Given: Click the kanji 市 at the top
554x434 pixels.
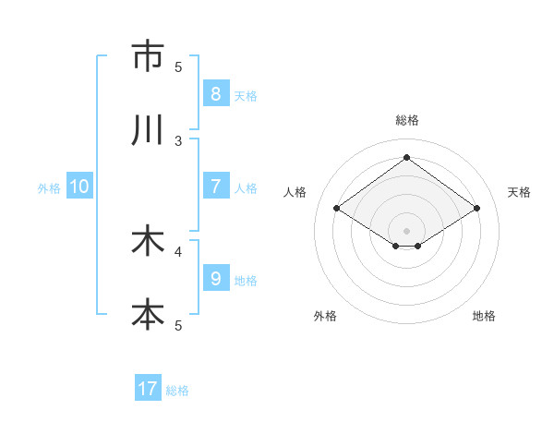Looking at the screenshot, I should tap(148, 56).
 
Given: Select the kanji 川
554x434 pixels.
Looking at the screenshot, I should tap(148, 130).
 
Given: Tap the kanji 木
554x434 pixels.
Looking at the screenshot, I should tap(148, 241).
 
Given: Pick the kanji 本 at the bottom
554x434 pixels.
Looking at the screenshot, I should tap(148, 315).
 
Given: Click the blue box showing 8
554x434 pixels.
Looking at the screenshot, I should tap(215, 93).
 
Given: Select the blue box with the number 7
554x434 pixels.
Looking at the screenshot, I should tap(215, 187).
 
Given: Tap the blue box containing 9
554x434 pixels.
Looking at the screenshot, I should tap(215, 279).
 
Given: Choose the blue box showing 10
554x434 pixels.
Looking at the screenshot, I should tap(79, 187).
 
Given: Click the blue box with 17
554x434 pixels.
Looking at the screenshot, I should tap(148, 389).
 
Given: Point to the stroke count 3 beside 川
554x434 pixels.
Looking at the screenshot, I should tap(178, 140).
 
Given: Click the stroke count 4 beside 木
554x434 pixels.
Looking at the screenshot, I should tap(178, 251).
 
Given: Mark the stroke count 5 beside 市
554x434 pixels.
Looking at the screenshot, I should tap(178, 66).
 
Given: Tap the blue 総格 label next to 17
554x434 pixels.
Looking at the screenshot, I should tap(177, 391).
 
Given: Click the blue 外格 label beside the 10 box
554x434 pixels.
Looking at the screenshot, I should tap(49, 188).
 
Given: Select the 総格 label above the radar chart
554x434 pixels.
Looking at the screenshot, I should tap(406, 120).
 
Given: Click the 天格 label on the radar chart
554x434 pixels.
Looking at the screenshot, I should tap(519, 192).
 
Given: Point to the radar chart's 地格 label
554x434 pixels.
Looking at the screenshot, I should tap(484, 316).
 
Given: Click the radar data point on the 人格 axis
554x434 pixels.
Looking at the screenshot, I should tap(337, 209).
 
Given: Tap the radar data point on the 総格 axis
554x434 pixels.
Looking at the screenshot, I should tap(406, 157).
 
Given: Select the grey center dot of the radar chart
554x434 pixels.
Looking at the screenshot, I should tap(406, 230).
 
